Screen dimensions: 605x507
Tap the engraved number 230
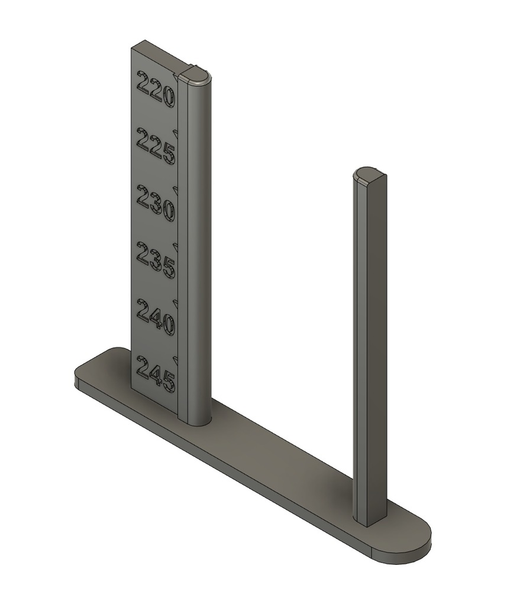click(x=156, y=203)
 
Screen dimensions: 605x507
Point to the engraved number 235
click(x=156, y=261)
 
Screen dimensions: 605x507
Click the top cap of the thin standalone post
click(x=370, y=174)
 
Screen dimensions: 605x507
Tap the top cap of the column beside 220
click(x=195, y=75)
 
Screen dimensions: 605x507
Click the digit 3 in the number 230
click(x=156, y=203)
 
